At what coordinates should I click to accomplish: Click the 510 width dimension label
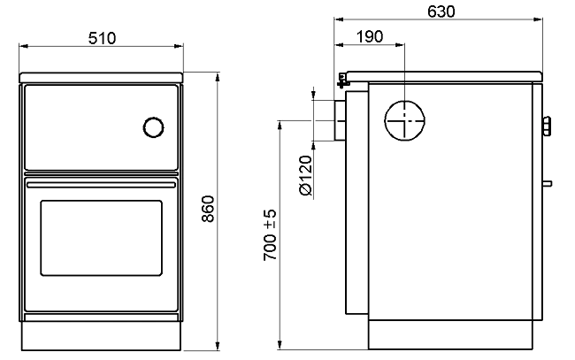pos(102,38)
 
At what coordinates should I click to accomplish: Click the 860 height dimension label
pos(208,209)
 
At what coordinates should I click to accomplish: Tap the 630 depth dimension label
pos(441,11)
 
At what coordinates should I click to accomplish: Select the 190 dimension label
pos(370,36)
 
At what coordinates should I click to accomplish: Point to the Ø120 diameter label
pos(305,176)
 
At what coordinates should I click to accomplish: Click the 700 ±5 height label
pos(270,235)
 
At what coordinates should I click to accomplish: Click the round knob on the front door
pos(153,127)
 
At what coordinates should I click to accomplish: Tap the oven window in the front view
pos(101,238)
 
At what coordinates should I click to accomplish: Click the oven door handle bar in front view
pos(101,185)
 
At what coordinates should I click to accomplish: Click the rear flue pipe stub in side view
pos(340,120)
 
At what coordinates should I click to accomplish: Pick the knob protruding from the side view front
pos(547,126)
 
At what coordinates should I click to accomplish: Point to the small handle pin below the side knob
pos(547,184)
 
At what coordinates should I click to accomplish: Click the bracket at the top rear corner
pos(342,80)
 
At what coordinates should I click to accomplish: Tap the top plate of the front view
pos(101,77)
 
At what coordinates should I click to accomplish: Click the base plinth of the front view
pos(101,336)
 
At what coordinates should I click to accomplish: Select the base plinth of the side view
pos(450,334)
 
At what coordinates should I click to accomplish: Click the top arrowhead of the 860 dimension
pos(218,77)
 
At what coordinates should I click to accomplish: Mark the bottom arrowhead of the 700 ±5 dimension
pos(280,344)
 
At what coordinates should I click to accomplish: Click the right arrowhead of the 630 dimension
pos(538,19)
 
